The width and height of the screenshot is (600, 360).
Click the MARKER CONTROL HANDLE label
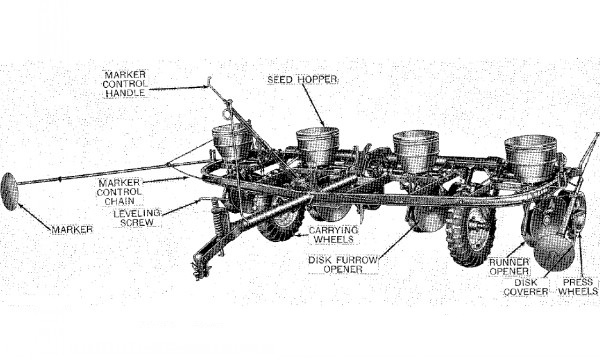coord(125,84)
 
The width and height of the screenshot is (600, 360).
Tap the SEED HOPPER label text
coord(302,80)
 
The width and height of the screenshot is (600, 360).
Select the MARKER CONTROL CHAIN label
coord(119,192)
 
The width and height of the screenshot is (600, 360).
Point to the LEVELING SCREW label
coord(137,218)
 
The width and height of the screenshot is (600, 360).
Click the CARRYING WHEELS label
coord(333,235)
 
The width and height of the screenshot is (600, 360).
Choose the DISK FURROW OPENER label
coord(343,264)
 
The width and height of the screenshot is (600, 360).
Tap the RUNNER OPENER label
coord(509,267)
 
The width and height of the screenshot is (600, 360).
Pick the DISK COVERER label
coord(526,287)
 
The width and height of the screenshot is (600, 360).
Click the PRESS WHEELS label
coord(578,287)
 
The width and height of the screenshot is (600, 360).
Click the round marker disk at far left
coord(9,191)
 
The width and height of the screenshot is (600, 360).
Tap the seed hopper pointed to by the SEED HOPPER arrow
coord(318,145)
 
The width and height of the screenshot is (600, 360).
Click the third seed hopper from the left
coord(416,150)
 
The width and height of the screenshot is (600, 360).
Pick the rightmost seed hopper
coord(530,158)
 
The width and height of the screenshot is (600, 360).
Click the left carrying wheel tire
coord(280,219)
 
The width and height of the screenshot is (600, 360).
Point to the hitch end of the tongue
coord(201,268)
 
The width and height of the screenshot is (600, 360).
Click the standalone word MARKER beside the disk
coord(72,230)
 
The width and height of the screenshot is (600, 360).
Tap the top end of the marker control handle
coord(209,80)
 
